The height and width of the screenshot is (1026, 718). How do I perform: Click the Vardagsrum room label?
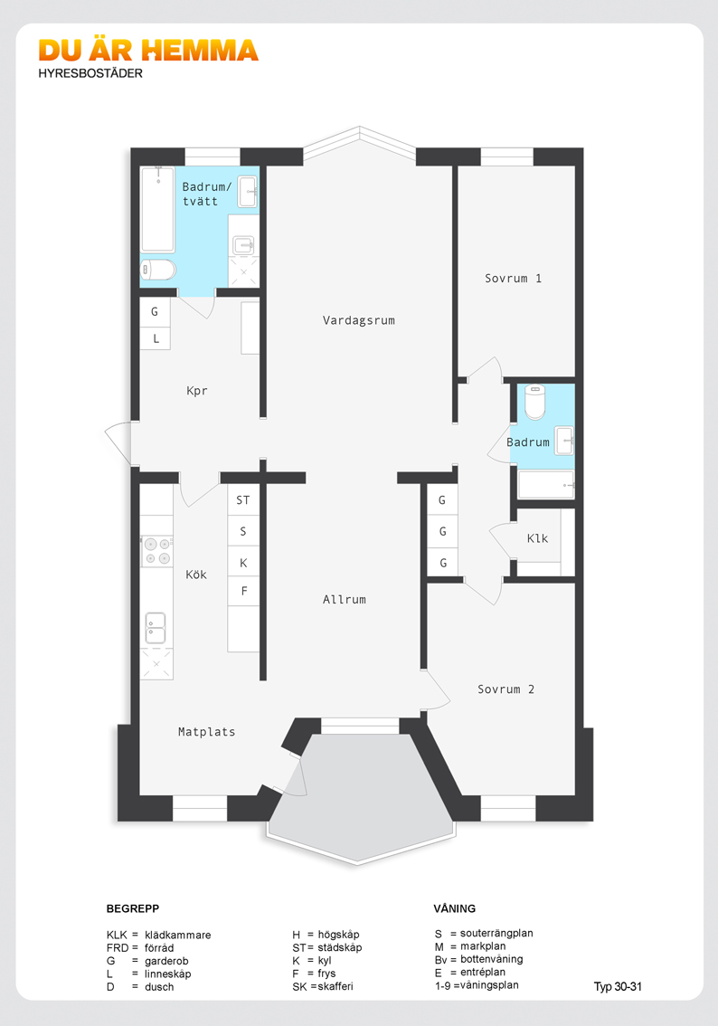click(358, 320)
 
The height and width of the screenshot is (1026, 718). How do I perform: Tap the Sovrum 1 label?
click(513, 278)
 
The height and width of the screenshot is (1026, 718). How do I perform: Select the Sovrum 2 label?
click(505, 689)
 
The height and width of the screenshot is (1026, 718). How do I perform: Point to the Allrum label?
click(344, 599)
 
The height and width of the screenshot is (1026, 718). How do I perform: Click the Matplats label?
click(207, 732)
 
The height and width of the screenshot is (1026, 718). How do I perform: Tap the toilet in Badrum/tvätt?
click(158, 270)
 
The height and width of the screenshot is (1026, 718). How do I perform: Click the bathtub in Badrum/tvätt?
click(157, 209)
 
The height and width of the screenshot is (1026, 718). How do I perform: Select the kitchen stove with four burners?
click(157, 551)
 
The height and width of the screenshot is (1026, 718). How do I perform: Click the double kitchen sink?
click(156, 629)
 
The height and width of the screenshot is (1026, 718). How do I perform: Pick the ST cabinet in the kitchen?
click(243, 500)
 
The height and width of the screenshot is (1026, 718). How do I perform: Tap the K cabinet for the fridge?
click(243, 562)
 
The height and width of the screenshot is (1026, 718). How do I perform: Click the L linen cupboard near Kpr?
click(156, 338)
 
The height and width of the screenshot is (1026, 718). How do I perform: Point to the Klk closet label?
click(537, 538)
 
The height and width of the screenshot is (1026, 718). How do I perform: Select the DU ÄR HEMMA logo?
click(148, 51)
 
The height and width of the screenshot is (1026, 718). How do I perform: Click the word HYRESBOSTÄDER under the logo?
click(90, 73)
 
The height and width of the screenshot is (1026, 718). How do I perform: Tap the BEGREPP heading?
click(133, 908)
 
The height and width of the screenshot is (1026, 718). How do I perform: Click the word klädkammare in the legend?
click(178, 935)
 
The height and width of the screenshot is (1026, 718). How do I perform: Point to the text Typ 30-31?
click(618, 987)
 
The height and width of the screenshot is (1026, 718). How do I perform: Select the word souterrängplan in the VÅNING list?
click(496, 934)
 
